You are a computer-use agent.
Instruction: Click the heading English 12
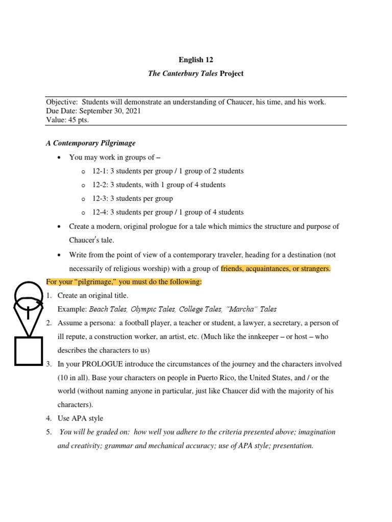(x=195, y=60)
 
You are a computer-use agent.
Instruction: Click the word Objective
(x=61, y=102)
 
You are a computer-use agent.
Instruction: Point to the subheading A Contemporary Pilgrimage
(x=91, y=143)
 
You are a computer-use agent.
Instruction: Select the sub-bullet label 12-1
(x=100, y=171)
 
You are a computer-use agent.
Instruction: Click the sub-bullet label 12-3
(x=100, y=198)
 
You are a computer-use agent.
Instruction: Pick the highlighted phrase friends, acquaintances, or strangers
(x=276, y=269)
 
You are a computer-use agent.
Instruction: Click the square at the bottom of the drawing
(x=28, y=351)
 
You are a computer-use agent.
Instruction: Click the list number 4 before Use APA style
(x=48, y=419)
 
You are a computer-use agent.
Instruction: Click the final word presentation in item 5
(x=293, y=446)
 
